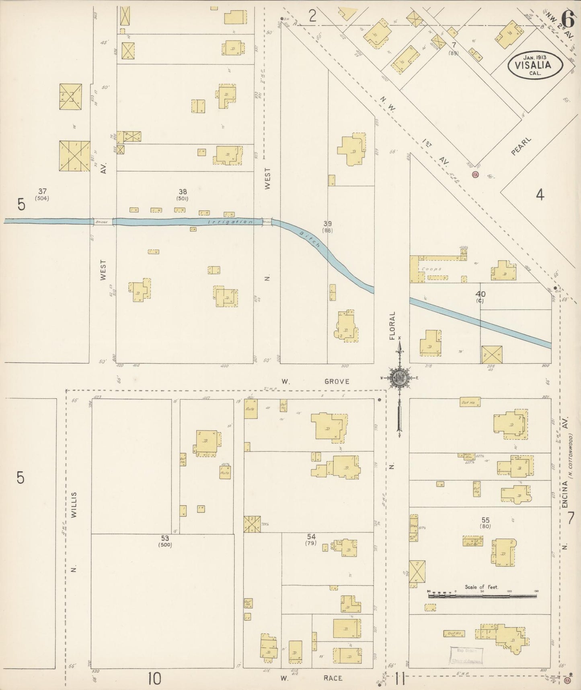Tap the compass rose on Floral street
pyautogui.click(x=399, y=378)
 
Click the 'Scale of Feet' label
pyautogui.click(x=482, y=587)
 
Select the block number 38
pyautogui.click(x=183, y=192)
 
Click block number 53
pyautogui.click(x=165, y=538)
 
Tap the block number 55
pyautogui.click(x=485, y=520)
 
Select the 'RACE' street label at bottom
pyautogui.click(x=333, y=678)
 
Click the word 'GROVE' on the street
pyautogui.click(x=337, y=381)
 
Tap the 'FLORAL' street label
pyautogui.click(x=392, y=325)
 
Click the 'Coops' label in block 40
pyautogui.click(x=432, y=269)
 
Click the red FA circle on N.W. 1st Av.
pyautogui.click(x=476, y=175)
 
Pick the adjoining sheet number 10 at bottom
pyautogui.click(x=154, y=678)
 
